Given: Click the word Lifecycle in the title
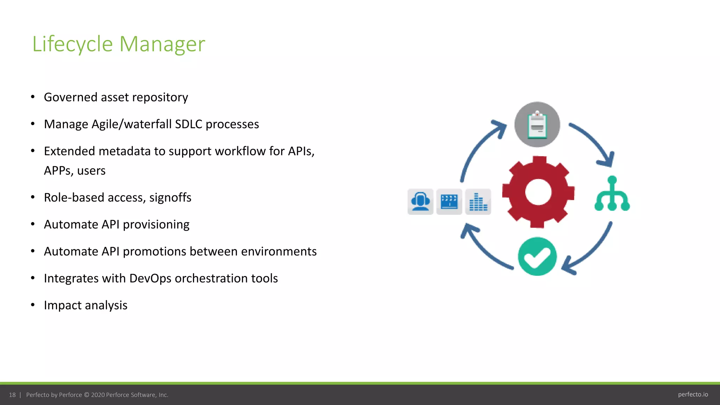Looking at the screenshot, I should (72, 44).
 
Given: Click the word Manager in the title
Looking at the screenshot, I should (162, 44).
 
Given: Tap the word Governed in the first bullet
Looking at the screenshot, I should (70, 97).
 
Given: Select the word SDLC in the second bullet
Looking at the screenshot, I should (188, 124).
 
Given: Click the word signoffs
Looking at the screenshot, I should (170, 198).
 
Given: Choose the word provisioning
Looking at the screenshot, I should (156, 225).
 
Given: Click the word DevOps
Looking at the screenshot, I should (150, 278).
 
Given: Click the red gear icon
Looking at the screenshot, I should (538, 192).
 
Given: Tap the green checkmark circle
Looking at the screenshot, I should (537, 256).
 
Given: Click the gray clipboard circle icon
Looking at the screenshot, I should (537, 124).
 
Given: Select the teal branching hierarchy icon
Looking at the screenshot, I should (612, 194).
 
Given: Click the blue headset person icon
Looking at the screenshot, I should (420, 202).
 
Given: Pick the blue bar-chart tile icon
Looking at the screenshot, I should (478, 202).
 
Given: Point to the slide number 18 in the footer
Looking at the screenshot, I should (12, 395).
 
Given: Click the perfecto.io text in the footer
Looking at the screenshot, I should (693, 394).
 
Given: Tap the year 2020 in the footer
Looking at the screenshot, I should (98, 395).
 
